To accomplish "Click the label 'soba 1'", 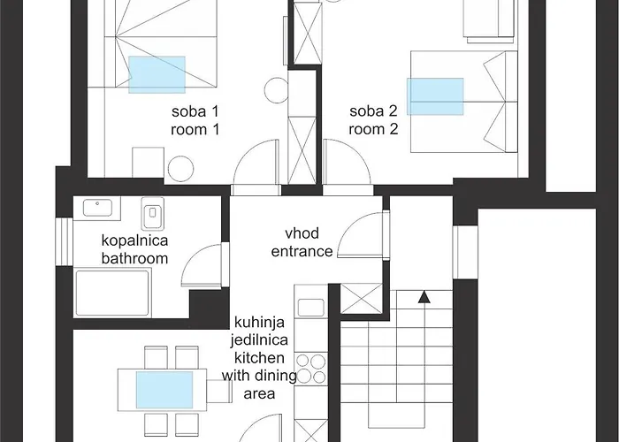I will tap(195, 111).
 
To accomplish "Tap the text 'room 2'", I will tap(373, 128).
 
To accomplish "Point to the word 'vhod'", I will tap(302, 233).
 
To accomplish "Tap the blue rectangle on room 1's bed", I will tap(157, 74).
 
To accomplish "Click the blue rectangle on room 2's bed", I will tap(435, 96).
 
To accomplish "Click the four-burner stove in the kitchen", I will tap(310, 370).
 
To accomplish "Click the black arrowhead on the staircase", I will tap(424, 298).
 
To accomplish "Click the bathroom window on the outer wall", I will tap(62, 240).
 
